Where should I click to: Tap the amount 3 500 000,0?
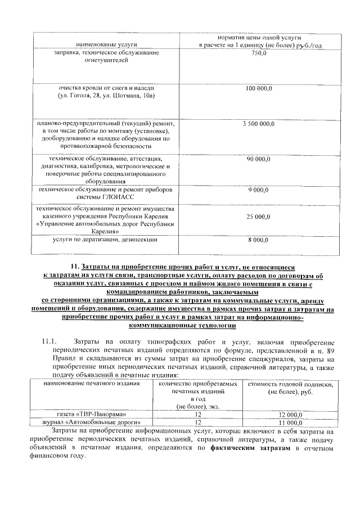(x=259, y=123)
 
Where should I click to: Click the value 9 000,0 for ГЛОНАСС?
(x=259, y=190)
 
